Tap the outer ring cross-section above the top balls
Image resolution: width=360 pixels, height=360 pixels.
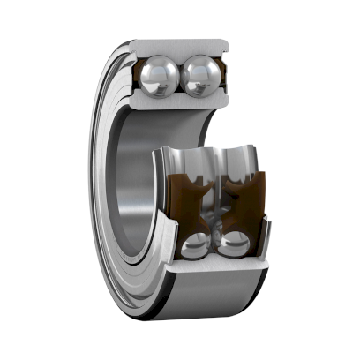tap(182, 46)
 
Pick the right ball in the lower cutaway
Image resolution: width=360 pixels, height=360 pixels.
tap(231, 244)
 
